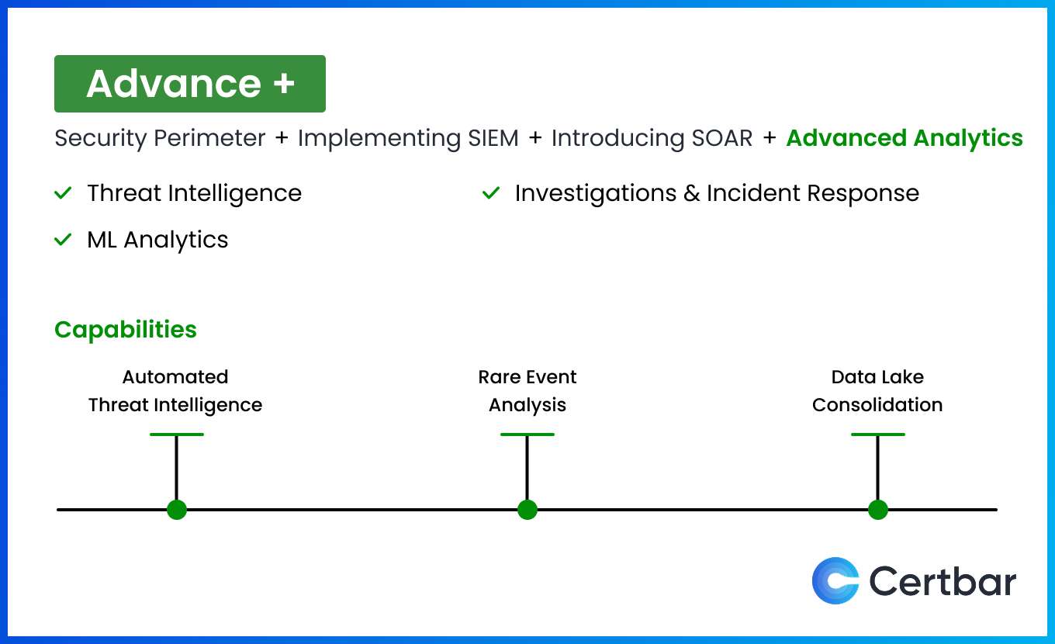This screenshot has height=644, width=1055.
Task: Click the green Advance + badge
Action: pyautogui.click(x=190, y=84)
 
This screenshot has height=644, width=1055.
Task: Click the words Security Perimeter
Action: pyautogui.click(x=160, y=138)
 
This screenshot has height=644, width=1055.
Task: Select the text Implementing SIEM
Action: pyautogui.click(x=408, y=138)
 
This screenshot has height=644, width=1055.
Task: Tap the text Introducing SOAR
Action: pyautogui.click(x=652, y=138)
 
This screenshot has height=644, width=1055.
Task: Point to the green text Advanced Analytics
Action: pyautogui.click(x=905, y=138)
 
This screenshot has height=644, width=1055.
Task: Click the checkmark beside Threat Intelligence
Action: pyautogui.click(x=63, y=193)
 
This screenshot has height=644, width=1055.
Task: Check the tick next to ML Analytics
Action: pyautogui.click(x=63, y=240)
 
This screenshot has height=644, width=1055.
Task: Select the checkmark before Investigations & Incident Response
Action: pyautogui.click(x=491, y=193)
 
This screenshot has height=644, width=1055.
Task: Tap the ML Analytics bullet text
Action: pyautogui.click(x=157, y=240)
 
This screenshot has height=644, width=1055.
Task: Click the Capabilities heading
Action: pyautogui.click(x=126, y=330)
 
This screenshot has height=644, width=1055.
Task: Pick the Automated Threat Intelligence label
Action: pyautogui.click(x=175, y=391)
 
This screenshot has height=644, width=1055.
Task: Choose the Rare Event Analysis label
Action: pyautogui.click(x=527, y=391)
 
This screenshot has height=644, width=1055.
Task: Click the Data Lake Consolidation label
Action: pyautogui.click(x=877, y=391)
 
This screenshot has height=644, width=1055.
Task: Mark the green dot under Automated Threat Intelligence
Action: pyautogui.click(x=177, y=510)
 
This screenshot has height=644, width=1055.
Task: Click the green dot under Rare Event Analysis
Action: pyautogui.click(x=527, y=510)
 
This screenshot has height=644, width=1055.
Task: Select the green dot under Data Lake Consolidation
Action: pyautogui.click(x=878, y=510)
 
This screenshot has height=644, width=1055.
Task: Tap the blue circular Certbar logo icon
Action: pyautogui.click(x=835, y=580)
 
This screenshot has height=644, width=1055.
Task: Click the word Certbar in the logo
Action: pyautogui.click(x=943, y=580)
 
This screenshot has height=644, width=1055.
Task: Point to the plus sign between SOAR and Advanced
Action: pyautogui.click(x=770, y=138)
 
